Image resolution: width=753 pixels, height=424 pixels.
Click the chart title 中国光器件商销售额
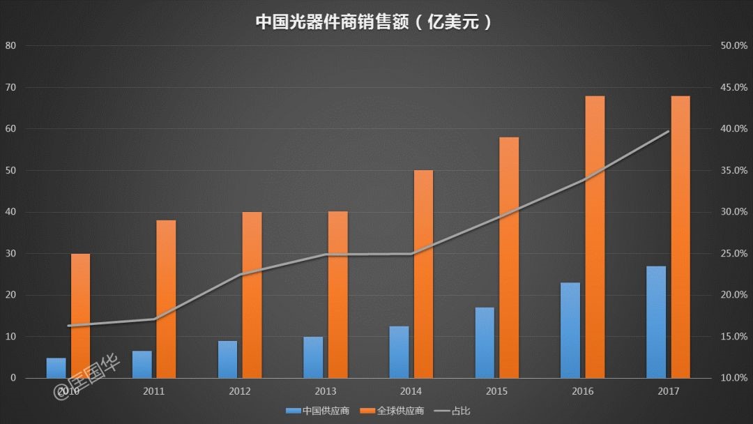coord(376,21)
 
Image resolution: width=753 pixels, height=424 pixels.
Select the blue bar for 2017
coord(656,322)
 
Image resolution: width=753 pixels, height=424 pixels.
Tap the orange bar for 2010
coord(81,316)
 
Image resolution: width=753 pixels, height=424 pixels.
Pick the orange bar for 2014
coord(423,274)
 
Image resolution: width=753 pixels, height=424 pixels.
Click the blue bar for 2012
coord(227,359)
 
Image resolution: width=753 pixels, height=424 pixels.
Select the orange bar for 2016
coord(595,237)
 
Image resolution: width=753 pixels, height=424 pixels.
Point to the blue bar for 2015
coord(485,342)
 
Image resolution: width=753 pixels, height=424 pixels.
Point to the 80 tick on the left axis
coord(10,46)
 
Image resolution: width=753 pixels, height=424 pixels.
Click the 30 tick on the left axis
coord(10,254)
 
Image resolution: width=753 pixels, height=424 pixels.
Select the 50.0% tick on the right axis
coord(734,46)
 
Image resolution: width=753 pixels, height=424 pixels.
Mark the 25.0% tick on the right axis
coord(734,254)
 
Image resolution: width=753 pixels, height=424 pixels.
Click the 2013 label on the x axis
coord(326,391)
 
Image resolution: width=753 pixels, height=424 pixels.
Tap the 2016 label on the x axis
coord(583,391)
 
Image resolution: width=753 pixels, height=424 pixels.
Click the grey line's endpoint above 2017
coord(669,131)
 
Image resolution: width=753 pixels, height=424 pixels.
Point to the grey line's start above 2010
coord(68,326)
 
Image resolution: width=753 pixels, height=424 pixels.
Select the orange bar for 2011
coord(166,299)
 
